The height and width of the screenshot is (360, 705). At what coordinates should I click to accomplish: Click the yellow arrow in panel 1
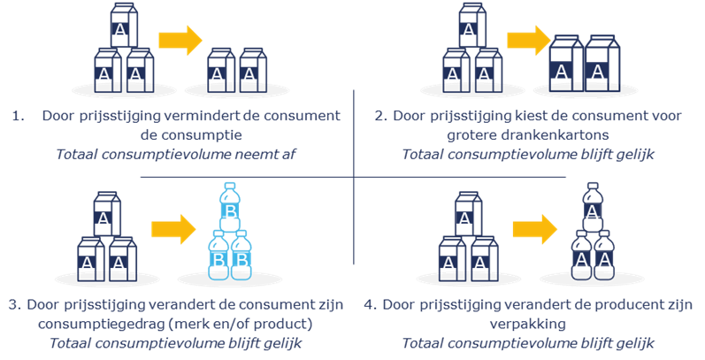(180, 40)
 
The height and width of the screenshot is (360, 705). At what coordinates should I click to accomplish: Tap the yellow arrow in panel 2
(528, 40)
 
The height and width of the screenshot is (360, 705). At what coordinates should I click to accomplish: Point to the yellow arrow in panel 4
(535, 229)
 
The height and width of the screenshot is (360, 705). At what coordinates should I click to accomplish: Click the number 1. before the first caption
(18, 116)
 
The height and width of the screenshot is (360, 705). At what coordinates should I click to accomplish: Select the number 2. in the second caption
(379, 116)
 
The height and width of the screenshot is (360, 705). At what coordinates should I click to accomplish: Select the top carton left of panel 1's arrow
(119, 31)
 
